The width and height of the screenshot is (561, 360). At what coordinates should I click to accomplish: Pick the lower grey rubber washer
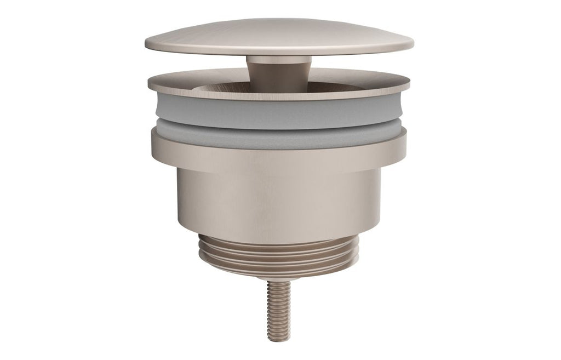(x=279, y=138)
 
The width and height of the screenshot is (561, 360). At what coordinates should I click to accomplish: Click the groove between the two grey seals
(x=279, y=127)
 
